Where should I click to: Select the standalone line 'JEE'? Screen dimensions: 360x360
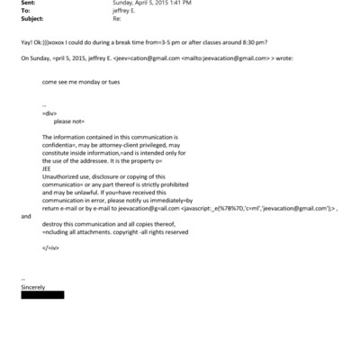pyautogui.click(x=47, y=166)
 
